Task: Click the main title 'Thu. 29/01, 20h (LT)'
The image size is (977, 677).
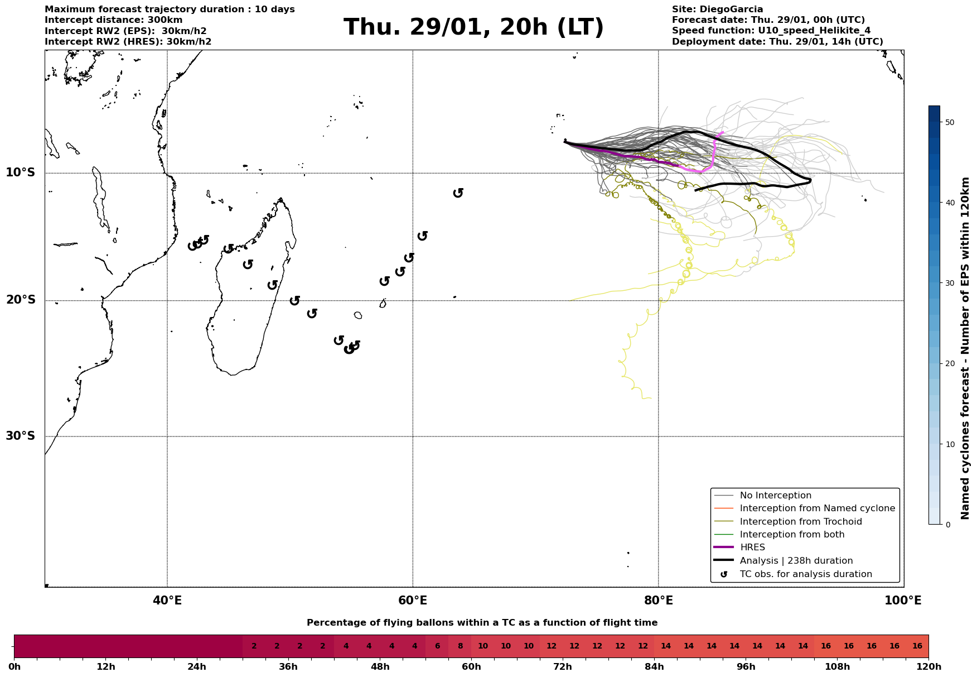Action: coord(473,27)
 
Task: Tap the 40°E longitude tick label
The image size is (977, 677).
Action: coord(167,601)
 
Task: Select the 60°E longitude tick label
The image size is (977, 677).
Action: coord(413,601)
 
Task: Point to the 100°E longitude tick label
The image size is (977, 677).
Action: coord(903,601)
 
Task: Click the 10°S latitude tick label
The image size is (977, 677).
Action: coord(21,172)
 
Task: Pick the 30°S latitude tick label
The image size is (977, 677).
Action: coord(21,436)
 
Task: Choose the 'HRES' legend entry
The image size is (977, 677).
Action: coord(752,548)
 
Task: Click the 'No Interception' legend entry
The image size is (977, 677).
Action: coord(775,496)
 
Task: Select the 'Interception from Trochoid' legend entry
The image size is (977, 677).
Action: coord(800,522)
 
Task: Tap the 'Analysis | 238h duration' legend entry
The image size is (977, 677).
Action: coord(796,561)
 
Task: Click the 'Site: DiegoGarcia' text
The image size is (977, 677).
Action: coord(717,9)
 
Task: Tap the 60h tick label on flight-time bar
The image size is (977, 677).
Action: coord(471,667)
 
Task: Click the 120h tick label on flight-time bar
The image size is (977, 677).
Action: coord(928,667)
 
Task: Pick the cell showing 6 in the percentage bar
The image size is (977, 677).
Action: coord(437,646)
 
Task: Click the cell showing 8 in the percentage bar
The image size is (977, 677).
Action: coord(460,646)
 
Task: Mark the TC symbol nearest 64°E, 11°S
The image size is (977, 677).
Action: coord(458,193)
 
